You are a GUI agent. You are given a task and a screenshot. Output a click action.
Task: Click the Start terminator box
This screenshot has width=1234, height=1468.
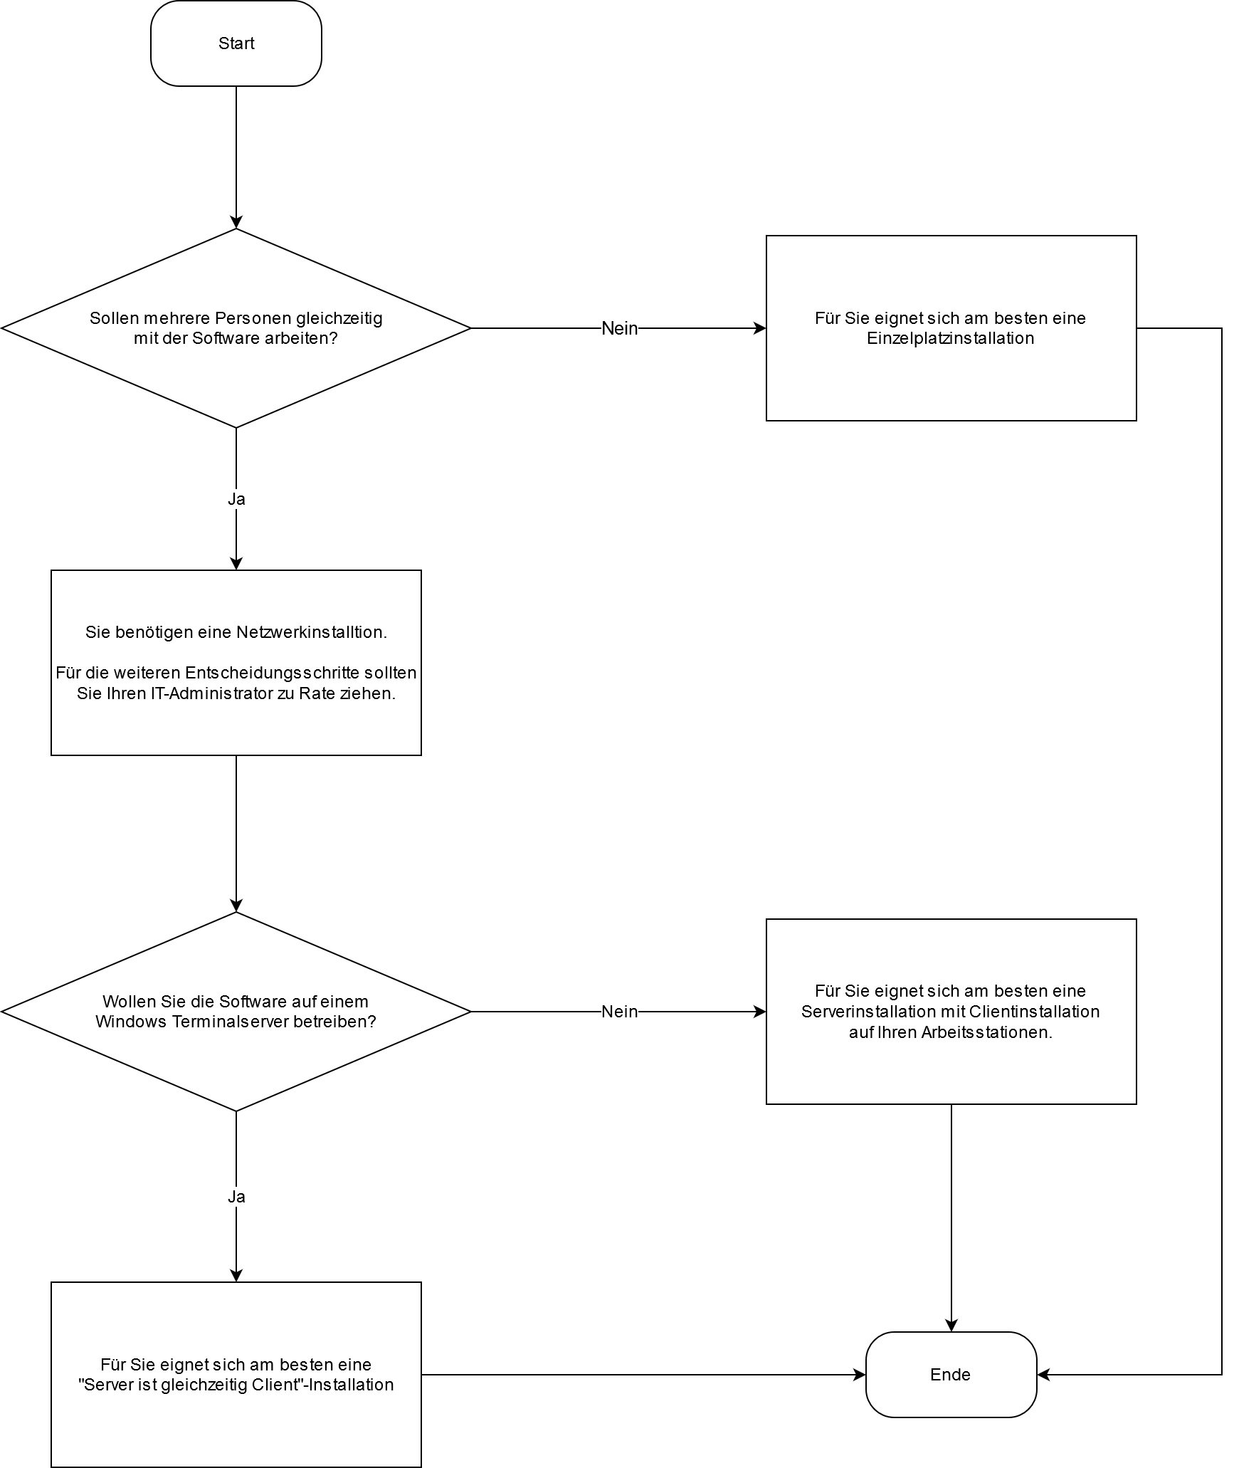(236, 43)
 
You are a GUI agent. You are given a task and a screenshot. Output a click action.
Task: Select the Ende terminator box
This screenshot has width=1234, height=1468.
(950, 1375)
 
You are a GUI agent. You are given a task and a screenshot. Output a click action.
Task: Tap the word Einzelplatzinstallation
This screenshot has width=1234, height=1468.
(950, 338)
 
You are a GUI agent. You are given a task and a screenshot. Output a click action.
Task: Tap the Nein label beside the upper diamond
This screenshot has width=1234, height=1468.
(619, 328)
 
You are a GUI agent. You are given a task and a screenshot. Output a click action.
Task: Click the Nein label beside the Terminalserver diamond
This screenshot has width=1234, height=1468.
(619, 1012)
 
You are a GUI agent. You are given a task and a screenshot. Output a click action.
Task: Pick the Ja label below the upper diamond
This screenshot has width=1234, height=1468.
(236, 499)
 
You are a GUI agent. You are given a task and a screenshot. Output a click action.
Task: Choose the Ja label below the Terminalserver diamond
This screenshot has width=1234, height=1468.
(236, 1197)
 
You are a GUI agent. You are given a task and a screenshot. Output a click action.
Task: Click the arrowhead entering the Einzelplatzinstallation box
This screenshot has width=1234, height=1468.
(760, 328)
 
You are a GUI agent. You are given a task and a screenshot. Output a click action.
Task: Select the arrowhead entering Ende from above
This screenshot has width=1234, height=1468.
(951, 1325)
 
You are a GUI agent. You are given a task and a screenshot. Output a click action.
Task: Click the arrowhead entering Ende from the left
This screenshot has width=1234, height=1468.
(859, 1375)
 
